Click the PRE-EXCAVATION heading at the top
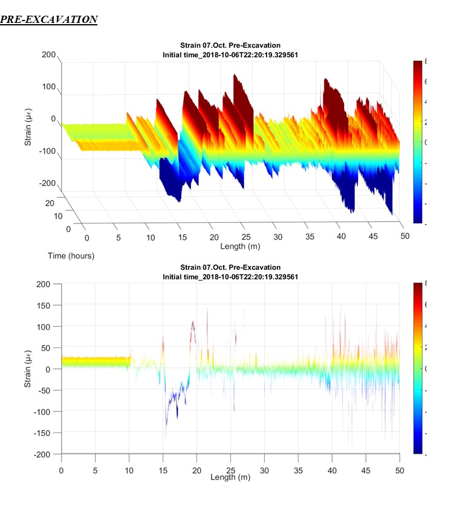pos(48,20)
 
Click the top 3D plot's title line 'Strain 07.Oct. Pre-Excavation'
pos(230,45)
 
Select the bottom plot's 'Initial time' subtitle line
pos(230,276)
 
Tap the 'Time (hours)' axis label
pos(71,256)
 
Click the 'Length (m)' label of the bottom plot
pos(230,477)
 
